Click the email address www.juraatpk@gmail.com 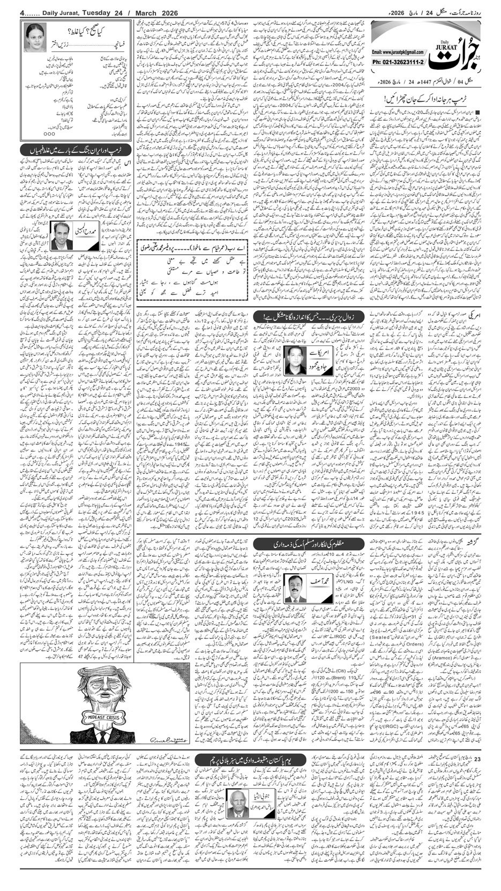[394, 52]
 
